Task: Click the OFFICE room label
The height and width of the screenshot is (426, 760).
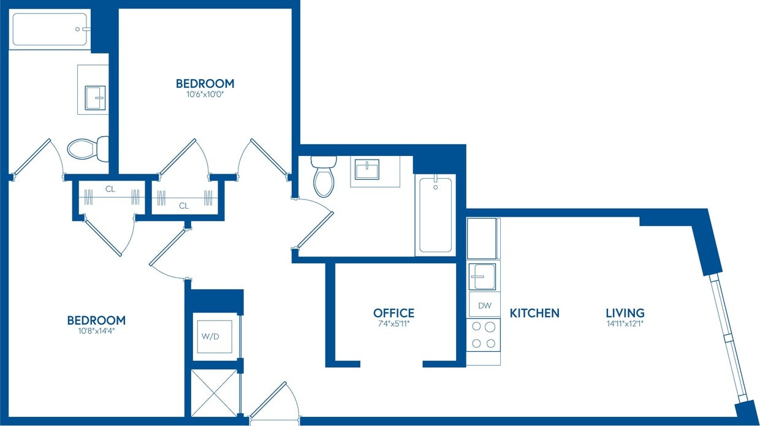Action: [393, 313]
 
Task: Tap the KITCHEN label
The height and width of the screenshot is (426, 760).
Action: [534, 313]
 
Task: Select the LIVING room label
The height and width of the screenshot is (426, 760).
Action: [625, 313]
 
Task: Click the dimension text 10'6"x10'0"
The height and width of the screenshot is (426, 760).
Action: [205, 95]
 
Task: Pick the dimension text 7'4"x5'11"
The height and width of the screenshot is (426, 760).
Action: [393, 323]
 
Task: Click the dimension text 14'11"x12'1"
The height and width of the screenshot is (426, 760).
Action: [625, 323]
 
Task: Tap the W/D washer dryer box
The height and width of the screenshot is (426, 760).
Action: [213, 336]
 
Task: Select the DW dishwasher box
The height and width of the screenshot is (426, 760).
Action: [484, 305]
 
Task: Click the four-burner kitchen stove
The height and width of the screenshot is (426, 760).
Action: [484, 335]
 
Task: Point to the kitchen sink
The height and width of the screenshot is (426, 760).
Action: [484, 276]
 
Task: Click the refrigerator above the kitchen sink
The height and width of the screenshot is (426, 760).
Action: [484, 238]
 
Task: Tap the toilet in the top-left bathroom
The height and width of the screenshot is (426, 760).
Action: [86, 148]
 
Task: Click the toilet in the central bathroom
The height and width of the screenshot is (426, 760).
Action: [323, 176]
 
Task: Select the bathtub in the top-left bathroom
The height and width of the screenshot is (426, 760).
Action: [50, 29]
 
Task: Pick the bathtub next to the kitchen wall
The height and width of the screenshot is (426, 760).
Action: [435, 215]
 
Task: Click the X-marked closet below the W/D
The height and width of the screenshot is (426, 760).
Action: [213, 393]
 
